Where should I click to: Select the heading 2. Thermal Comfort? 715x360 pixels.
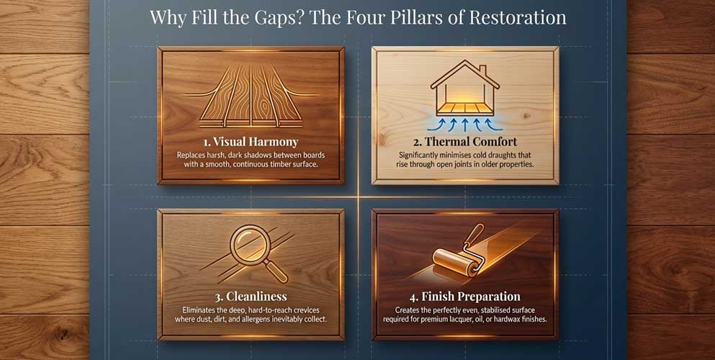point(464,141)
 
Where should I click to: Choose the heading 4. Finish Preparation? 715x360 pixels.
point(464,296)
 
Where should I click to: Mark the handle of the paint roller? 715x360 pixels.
point(475,235)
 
